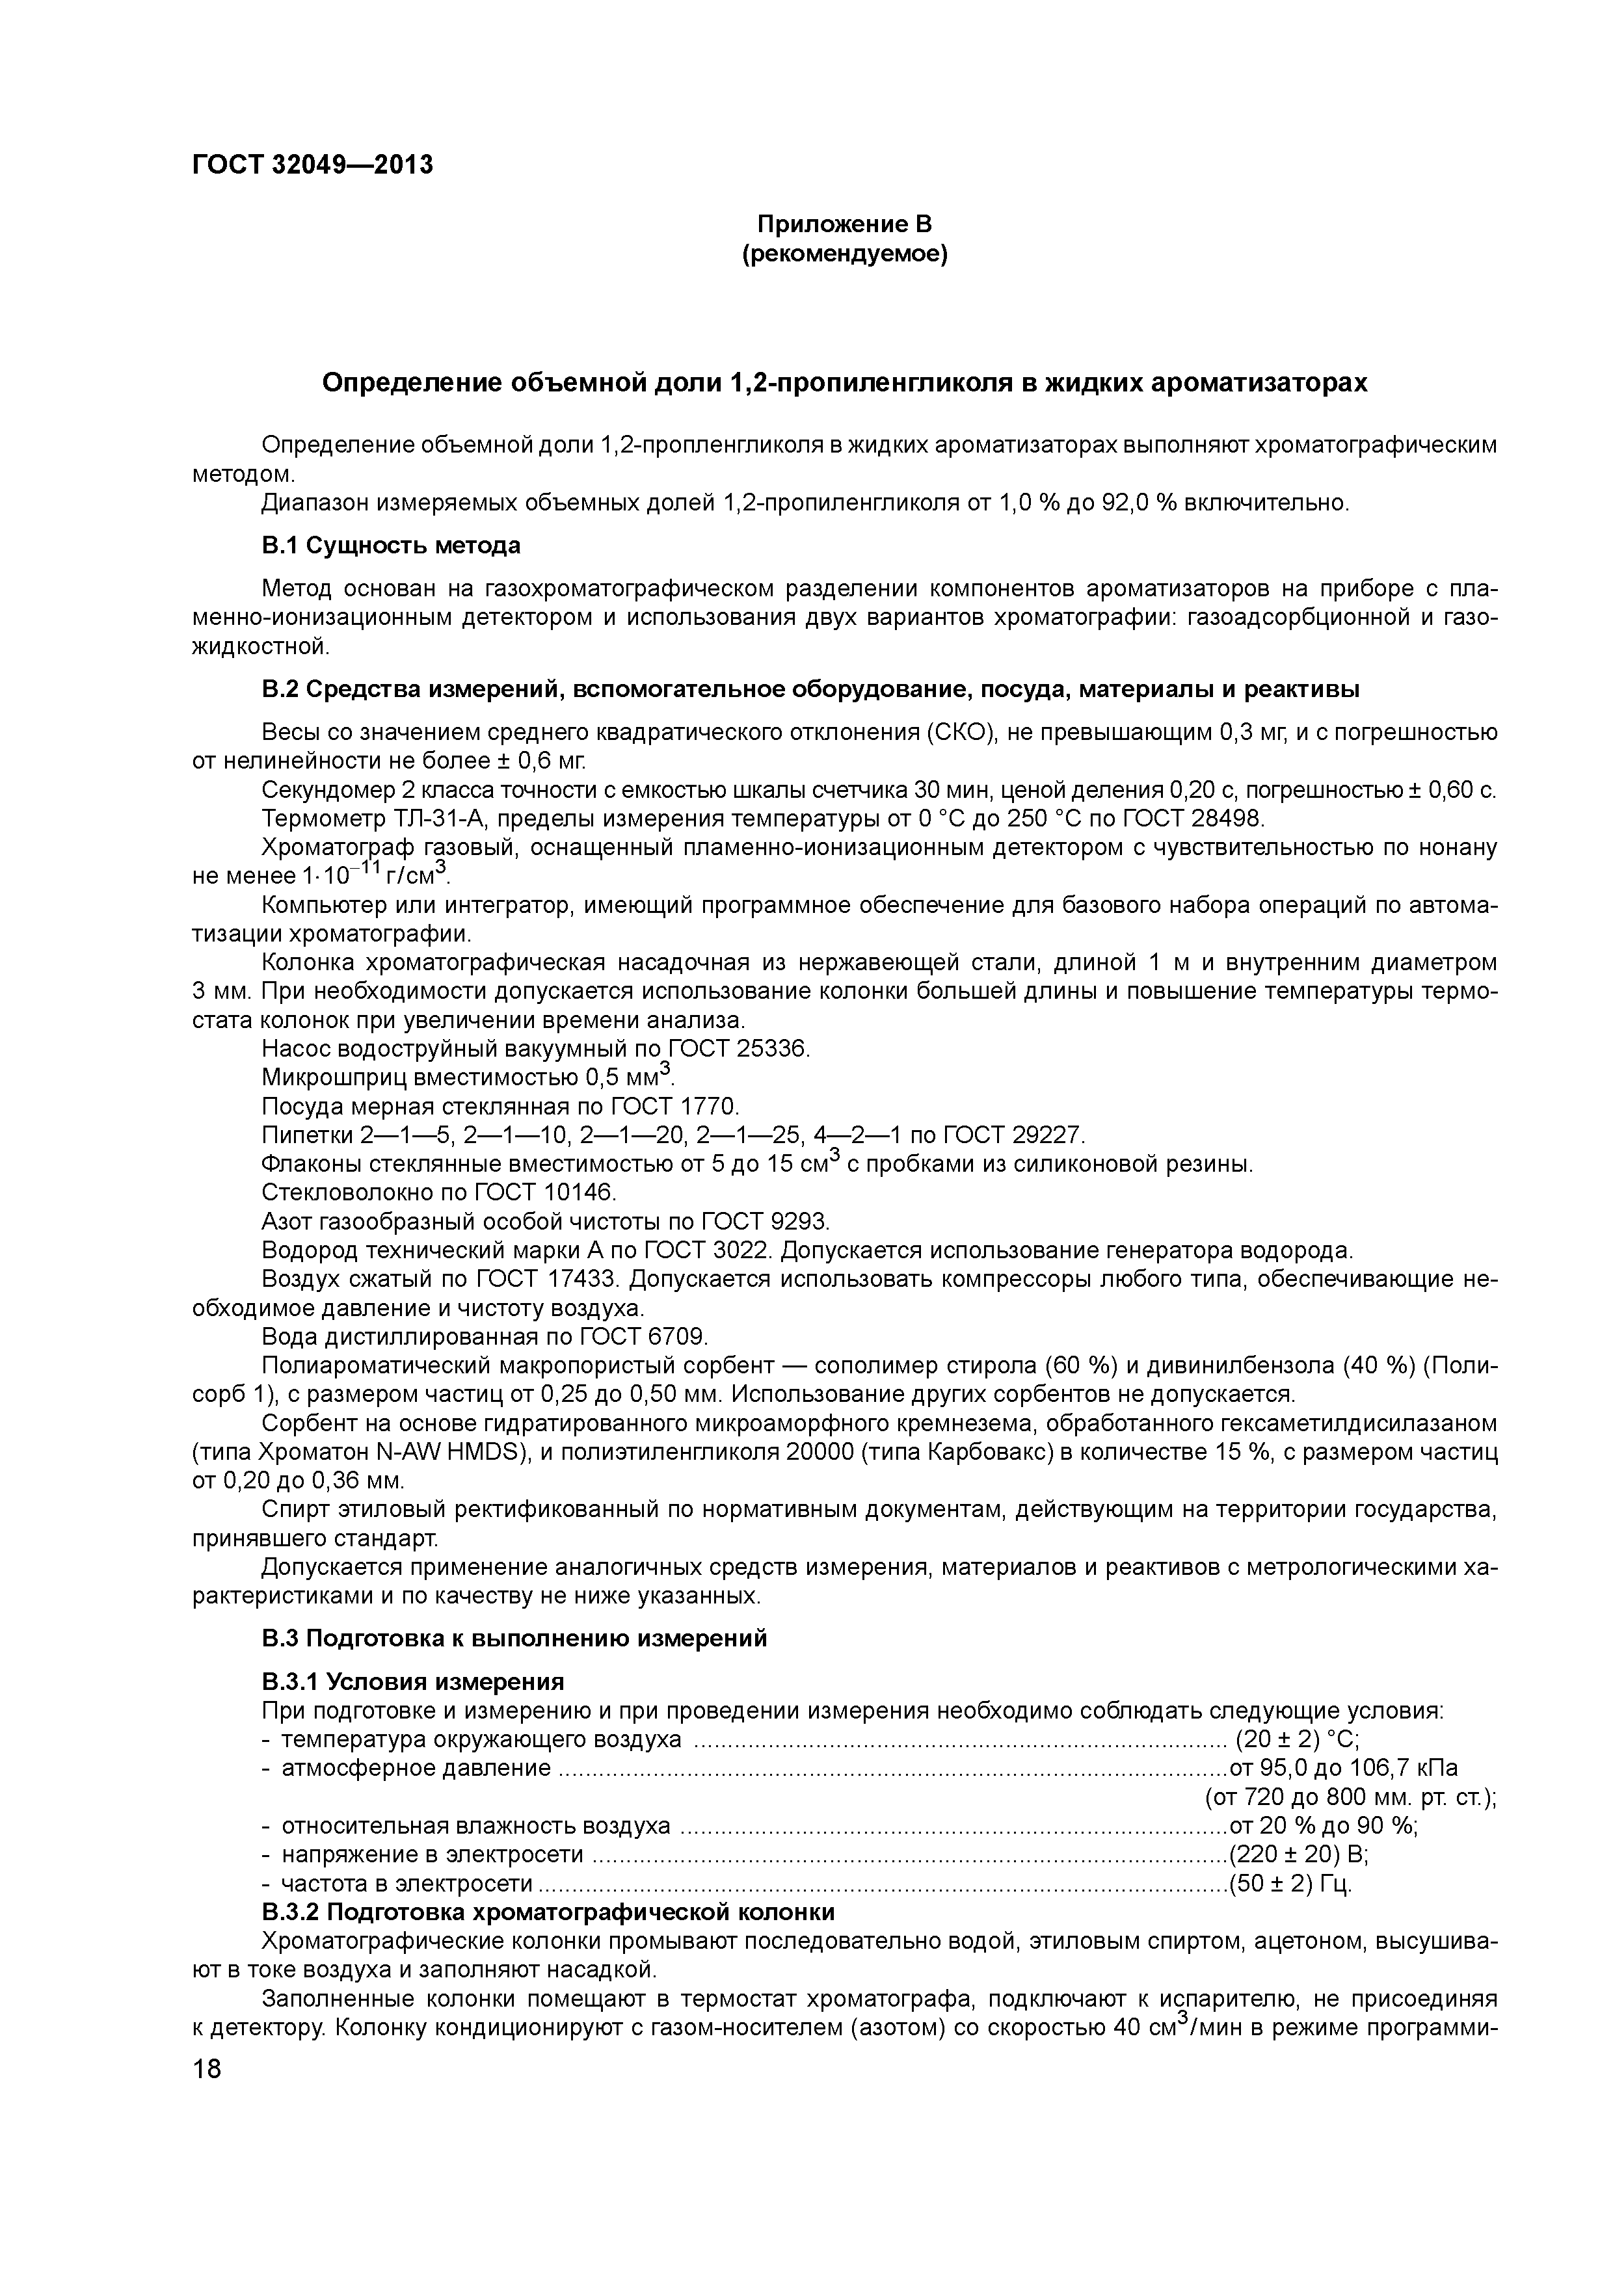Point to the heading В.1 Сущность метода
point(391,546)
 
